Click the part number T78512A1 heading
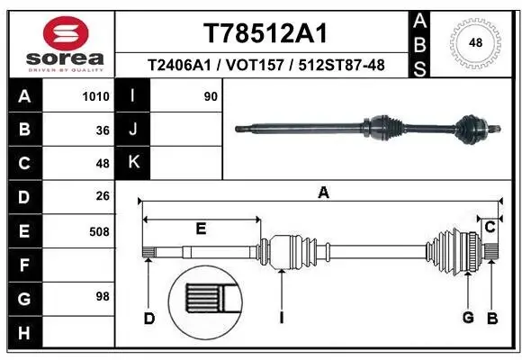click(264, 33)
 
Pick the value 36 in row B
click(103, 130)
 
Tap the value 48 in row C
click(103, 164)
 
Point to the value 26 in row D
click(103, 197)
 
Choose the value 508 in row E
click(99, 231)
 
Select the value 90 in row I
click(211, 96)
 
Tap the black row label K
click(134, 164)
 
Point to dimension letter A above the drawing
click(323, 193)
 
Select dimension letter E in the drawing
click(201, 229)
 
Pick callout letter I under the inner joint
click(283, 318)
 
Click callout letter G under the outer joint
click(468, 318)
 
